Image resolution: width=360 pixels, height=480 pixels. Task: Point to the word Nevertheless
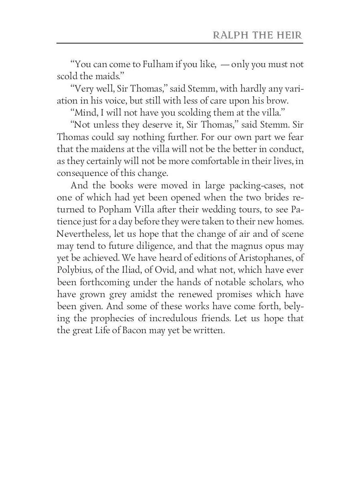[82, 234]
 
